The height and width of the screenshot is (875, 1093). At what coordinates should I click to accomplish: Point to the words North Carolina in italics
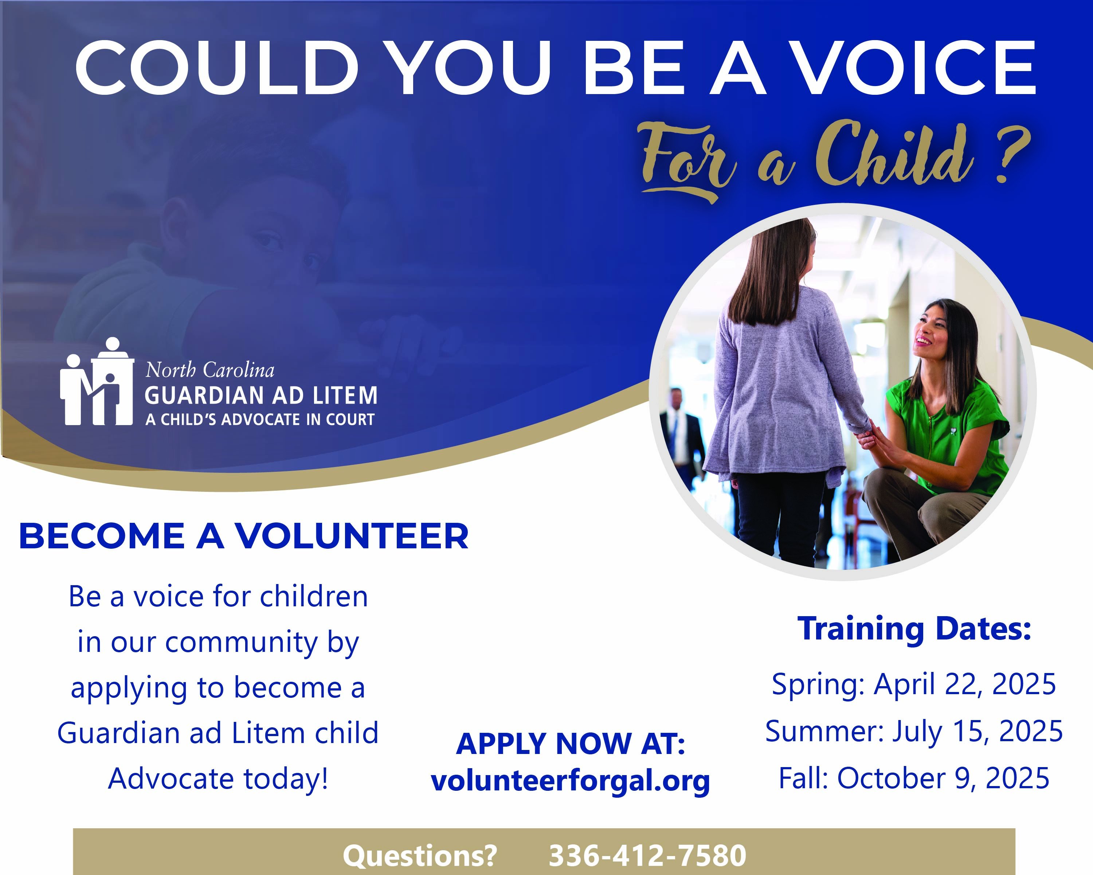pos(210,370)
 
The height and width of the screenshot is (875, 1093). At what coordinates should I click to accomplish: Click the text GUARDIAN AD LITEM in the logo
pos(261,396)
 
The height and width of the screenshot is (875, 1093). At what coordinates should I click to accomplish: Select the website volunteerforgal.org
pos(570,781)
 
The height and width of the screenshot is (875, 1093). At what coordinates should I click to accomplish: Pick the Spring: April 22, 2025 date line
pos(913,684)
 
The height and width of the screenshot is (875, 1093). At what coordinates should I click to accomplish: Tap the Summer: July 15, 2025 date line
pos(913,731)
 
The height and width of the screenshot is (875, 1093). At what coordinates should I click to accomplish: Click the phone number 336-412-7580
pos(647,856)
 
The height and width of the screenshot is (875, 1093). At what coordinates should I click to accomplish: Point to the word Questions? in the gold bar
pos(420,856)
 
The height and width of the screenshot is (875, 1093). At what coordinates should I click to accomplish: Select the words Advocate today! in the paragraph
pos(218,779)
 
